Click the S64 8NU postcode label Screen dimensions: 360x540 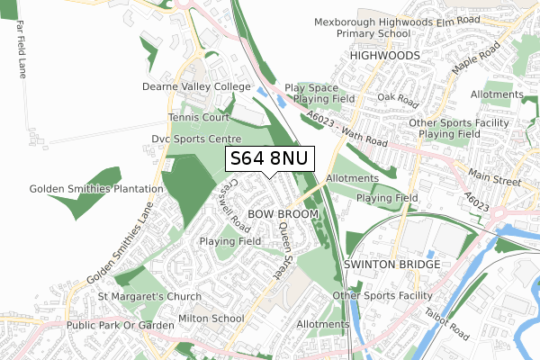click(269, 159)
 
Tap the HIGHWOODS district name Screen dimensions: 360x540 click(384, 55)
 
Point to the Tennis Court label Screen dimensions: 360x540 click(198, 118)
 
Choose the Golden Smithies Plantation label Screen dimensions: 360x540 click(82, 189)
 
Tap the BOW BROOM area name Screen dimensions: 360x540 click(283, 214)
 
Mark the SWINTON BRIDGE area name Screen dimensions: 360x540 click(391, 265)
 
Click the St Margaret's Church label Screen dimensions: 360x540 click(149, 296)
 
